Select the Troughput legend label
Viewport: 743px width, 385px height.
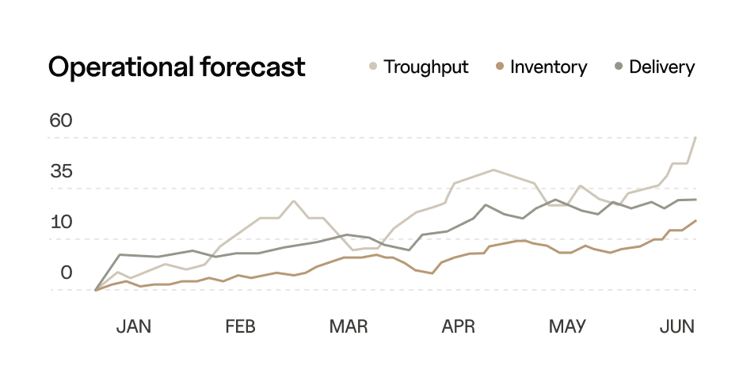pyautogui.click(x=426, y=67)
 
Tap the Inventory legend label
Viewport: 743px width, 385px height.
pyautogui.click(x=548, y=67)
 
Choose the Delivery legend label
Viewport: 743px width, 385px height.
pyautogui.click(x=661, y=67)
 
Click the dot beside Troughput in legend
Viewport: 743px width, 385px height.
pyautogui.click(x=373, y=67)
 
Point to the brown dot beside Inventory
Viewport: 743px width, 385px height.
pyautogui.click(x=499, y=67)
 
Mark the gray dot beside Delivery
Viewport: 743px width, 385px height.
pyautogui.click(x=619, y=67)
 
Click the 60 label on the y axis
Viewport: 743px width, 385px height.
pyautogui.click(x=61, y=121)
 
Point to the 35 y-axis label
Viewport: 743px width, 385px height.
pyautogui.click(x=61, y=172)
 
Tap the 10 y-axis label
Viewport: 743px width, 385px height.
pyautogui.click(x=61, y=222)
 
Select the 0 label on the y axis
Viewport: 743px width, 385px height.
pyautogui.click(x=67, y=273)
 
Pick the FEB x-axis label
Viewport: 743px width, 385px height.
pyautogui.click(x=240, y=326)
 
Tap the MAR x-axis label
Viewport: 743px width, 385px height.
pyautogui.click(x=349, y=326)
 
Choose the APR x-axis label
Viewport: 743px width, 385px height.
pyautogui.click(x=458, y=326)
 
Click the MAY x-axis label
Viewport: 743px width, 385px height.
pyautogui.click(x=567, y=326)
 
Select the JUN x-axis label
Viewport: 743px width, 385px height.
pyautogui.click(x=677, y=326)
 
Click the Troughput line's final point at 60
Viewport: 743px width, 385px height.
pyautogui.click(x=695, y=138)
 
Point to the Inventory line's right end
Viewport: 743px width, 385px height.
pyautogui.click(x=695, y=221)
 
